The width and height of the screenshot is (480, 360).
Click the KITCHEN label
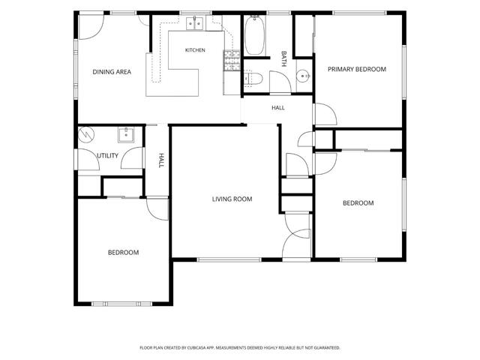(x=195, y=50)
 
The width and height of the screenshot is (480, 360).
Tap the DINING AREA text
(x=112, y=72)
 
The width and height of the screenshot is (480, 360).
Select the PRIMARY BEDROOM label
(x=357, y=69)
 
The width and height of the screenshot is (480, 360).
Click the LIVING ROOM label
(x=232, y=199)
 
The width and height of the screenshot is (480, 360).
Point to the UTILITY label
(x=107, y=155)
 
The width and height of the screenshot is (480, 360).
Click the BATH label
(x=283, y=58)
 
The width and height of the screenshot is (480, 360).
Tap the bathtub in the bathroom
(x=255, y=36)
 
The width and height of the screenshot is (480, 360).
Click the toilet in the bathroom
(x=253, y=79)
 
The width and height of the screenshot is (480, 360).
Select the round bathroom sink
(x=304, y=75)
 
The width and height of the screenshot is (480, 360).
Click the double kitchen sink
(x=195, y=23)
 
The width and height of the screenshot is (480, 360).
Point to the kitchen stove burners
(x=232, y=60)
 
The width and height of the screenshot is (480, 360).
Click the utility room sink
(x=126, y=135)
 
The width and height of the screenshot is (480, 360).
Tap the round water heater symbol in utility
(x=86, y=135)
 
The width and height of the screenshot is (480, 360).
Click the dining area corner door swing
(x=91, y=27)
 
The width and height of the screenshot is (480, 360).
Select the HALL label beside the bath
(x=278, y=108)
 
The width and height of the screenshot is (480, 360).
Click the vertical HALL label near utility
(x=161, y=160)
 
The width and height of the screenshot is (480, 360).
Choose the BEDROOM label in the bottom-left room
(x=123, y=253)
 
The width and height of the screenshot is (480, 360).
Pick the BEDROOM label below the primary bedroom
(x=358, y=203)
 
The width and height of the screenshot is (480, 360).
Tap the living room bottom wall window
(x=229, y=260)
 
